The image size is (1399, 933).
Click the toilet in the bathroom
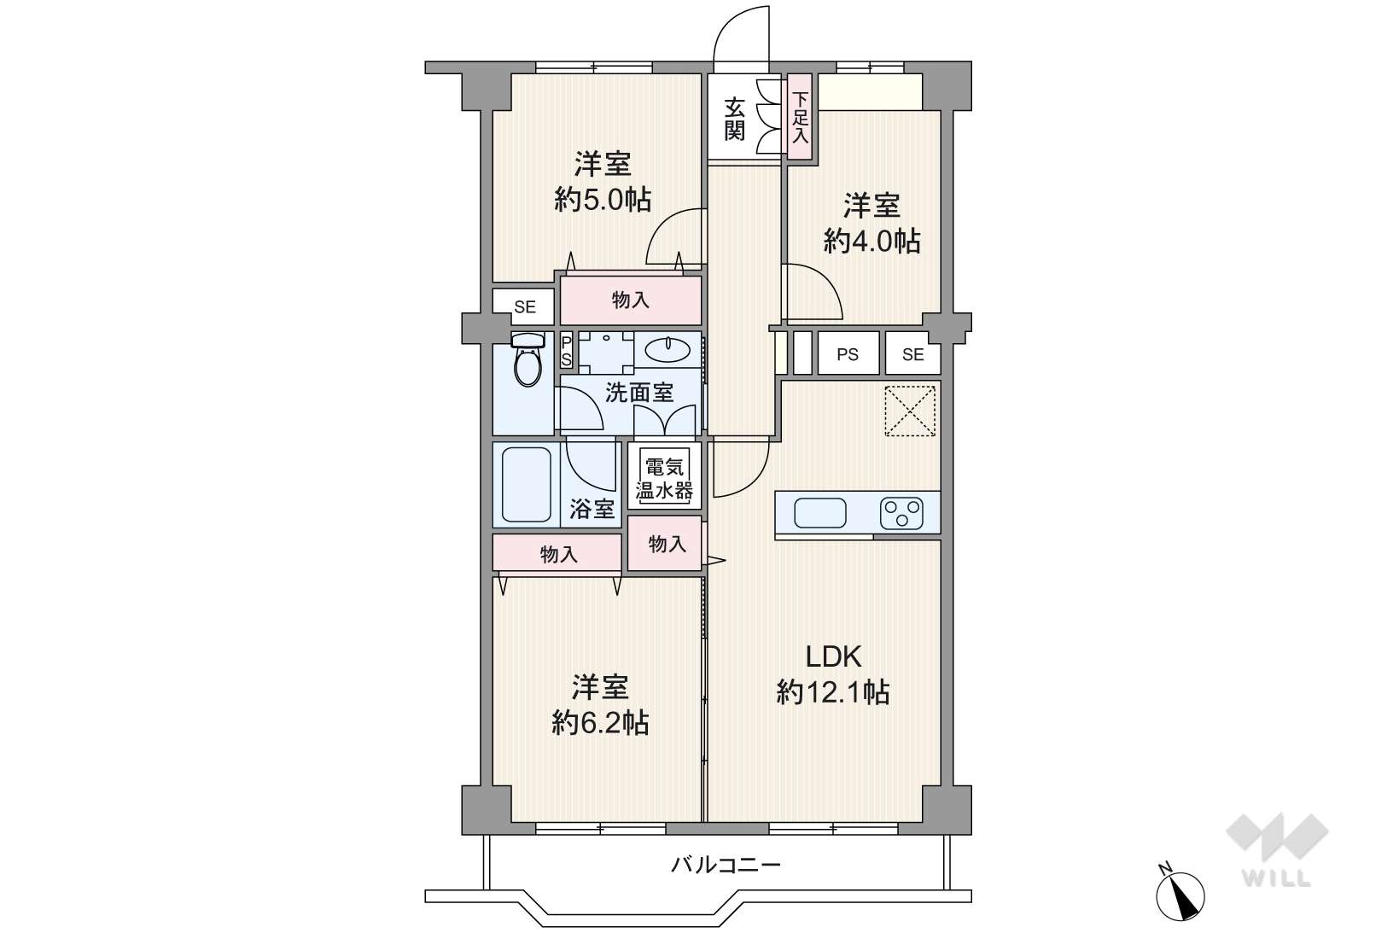pos(528,359)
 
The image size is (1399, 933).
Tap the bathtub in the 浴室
pos(526,485)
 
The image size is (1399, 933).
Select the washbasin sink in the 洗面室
pos(667,350)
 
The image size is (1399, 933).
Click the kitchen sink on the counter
pos(819,513)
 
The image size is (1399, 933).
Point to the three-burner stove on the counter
pos(901,513)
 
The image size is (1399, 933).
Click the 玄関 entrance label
pos(734,120)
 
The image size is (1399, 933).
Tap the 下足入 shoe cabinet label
pos(800,118)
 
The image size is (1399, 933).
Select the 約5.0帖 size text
pos(603,200)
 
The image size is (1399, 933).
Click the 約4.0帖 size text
pos(871,241)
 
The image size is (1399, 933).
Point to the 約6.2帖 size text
pos(600,722)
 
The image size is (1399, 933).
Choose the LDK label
pos(833,656)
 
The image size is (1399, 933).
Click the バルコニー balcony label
pos(726,865)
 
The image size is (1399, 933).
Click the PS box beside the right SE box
pos(848,353)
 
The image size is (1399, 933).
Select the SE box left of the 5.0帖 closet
pos(524,306)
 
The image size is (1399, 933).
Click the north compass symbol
pos(1180,895)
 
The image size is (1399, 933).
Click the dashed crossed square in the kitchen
pos(910,411)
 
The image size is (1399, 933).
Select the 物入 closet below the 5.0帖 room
pos(631,300)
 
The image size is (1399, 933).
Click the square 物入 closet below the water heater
pos(665,543)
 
